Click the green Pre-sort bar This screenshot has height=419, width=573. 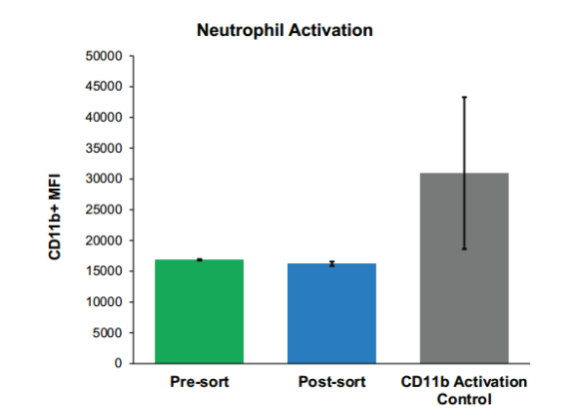[x=200, y=311]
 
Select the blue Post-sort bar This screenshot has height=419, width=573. [x=331, y=313]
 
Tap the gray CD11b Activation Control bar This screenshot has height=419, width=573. [x=464, y=268]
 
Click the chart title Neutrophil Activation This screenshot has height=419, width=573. [x=285, y=30]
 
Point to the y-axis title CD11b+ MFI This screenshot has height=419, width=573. [x=55, y=216]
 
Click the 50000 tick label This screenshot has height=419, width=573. [x=104, y=56]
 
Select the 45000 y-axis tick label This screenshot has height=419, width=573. [x=104, y=87]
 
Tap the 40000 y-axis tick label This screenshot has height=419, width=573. [x=104, y=118]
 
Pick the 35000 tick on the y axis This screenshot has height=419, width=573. [x=104, y=149]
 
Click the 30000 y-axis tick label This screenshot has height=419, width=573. [x=104, y=179]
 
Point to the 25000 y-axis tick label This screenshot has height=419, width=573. [x=104, y=209]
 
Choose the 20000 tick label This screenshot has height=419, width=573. [x=104, y=240]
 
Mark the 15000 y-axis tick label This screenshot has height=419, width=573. [x=104, y=271]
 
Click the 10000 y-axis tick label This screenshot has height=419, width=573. [x=104, y=302]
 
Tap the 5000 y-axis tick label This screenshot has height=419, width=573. [x=108, y=333]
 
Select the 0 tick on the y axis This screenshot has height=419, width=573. [x=118, y=363]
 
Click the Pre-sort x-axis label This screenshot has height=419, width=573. [x=200, y=382]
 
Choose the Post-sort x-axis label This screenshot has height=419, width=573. [x=331, y=382]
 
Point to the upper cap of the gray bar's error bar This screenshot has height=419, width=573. [x=464, y=97]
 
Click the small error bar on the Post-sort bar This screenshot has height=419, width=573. [x=331, y=263]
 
